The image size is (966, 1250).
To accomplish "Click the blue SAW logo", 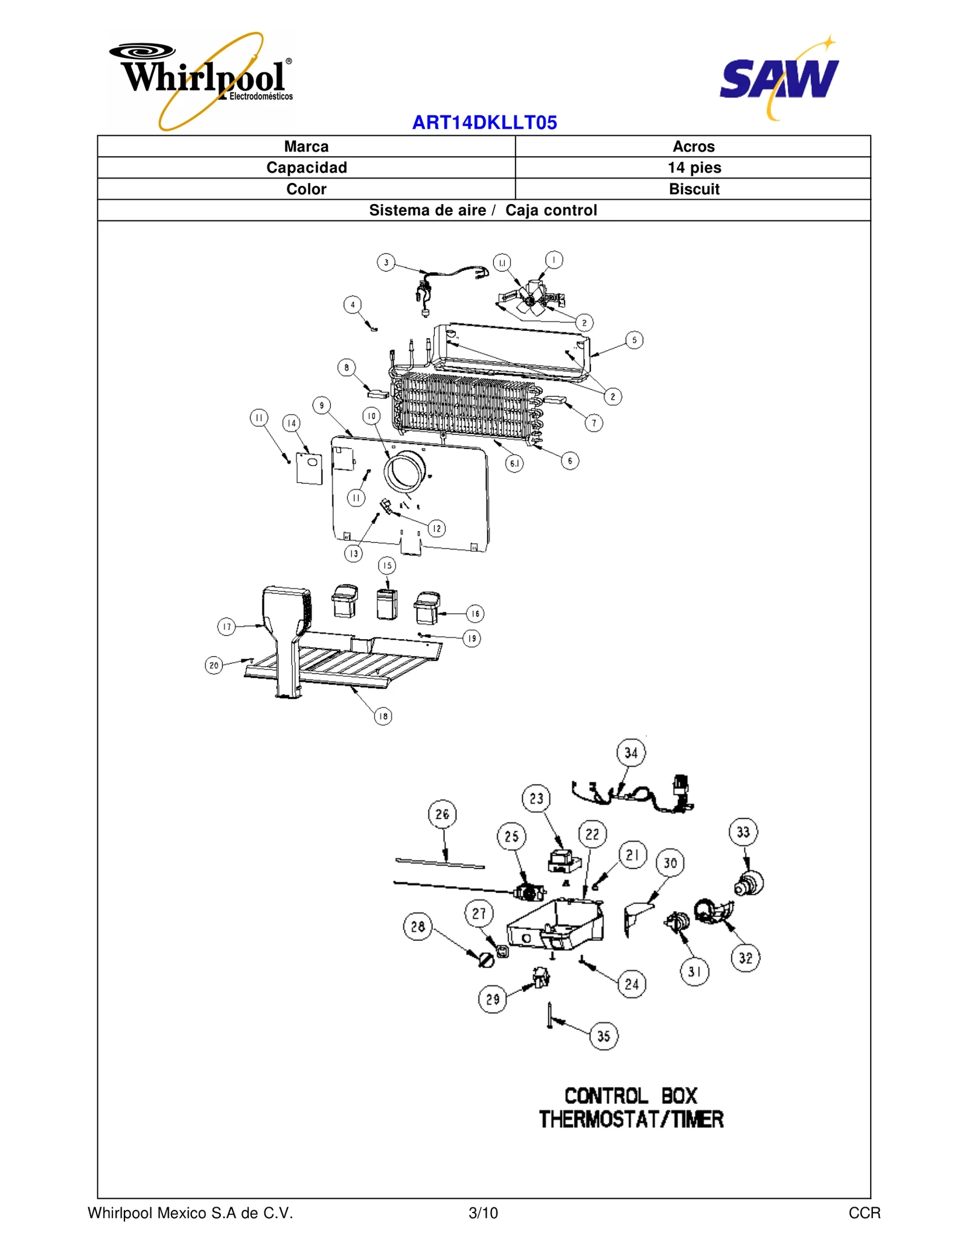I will (x=779, y=78).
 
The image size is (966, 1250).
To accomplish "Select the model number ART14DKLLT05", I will (x=484, y=123).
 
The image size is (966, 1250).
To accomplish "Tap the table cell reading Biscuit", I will (x=693, y=189).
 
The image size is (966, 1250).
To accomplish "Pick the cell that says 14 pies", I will (x=693, y=167).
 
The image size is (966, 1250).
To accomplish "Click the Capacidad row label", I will (x=306, y=167).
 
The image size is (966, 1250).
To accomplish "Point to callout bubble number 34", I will (x=631, y=753).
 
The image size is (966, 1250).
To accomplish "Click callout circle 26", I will (x=442, y=814).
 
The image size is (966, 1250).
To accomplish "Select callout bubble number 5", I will (x=634, y=340).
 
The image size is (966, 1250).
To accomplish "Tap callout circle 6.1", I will (x=514, y=463).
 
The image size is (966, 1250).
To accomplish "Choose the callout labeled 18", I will (x=383, y=716).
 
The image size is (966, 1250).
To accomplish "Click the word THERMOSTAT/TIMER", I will (x=631, y=1120).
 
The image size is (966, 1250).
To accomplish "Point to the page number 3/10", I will (x=483, y=1213).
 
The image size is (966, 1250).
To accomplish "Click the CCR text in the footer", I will (x=864, y=1213).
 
